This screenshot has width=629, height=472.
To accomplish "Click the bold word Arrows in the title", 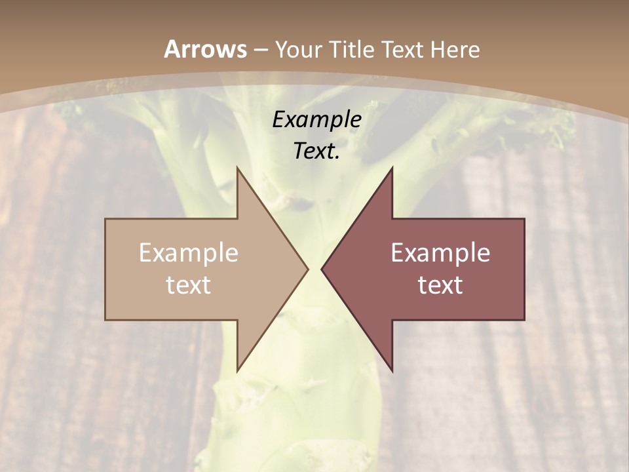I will coord(205,49).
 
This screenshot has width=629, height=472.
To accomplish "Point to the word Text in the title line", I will coord(402,50).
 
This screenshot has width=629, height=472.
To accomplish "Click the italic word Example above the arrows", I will coord(316,120).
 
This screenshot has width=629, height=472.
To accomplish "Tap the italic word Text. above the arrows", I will coord(316,151).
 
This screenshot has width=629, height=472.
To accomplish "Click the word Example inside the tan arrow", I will coord(189,253).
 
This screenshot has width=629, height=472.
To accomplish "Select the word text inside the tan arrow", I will coord(189,285).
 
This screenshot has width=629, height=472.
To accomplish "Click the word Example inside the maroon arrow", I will coord(440,253).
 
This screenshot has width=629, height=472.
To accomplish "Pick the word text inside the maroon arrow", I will coord(440,285).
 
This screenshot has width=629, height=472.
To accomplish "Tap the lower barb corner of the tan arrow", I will coord(237,370).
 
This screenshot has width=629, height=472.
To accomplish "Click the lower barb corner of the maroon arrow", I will coord(392,370).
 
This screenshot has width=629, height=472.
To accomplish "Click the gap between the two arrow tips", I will coord(314,269).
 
